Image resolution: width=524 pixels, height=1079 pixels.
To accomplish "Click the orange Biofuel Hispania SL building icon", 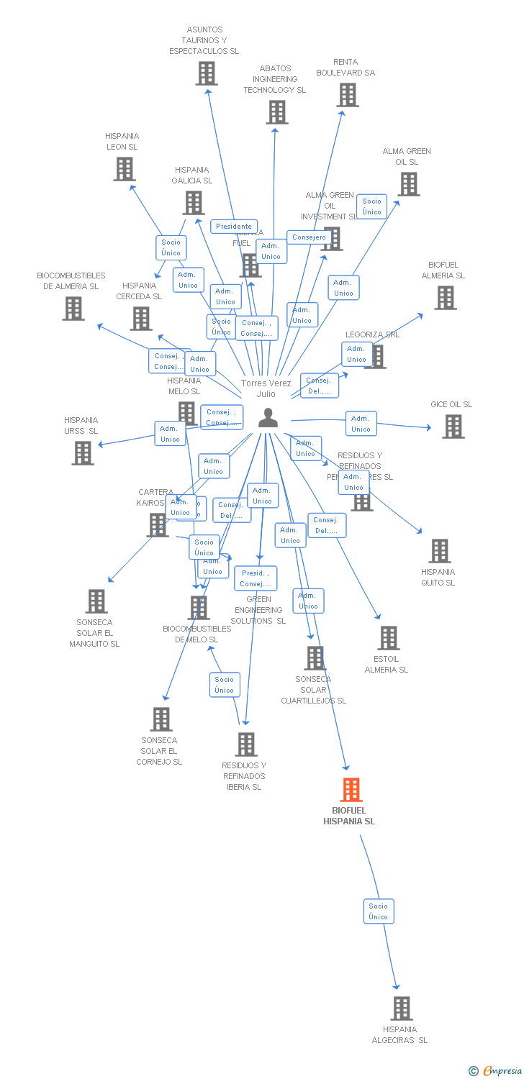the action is tap(351, 790).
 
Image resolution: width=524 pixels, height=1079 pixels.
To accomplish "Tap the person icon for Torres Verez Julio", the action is tap(268, 417).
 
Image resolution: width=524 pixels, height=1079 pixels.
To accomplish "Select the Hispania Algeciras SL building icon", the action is tap(402, 1009).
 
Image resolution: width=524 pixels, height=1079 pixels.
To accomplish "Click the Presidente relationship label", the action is tap(234, 227).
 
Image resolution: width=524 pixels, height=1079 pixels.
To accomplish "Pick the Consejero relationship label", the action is tap(310, 237).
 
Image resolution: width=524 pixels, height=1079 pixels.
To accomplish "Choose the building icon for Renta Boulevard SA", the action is tap(347, 95).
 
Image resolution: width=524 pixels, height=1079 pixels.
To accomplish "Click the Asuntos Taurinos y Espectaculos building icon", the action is tap(206, 73).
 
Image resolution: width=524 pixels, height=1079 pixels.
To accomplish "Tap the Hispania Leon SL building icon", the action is tap(124, 169).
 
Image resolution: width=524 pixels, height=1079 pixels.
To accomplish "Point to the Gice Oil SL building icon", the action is tap(453, 427).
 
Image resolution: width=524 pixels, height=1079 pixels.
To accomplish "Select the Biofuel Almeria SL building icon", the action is tap(445, 298).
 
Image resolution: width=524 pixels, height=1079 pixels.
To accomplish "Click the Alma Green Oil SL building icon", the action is tap(408, 184).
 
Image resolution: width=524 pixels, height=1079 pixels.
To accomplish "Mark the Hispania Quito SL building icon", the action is tap(439, 551).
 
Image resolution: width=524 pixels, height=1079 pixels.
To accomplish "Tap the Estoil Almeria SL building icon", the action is tap(388, 638).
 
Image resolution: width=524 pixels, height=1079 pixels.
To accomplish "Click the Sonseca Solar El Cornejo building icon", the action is tap(161, 719).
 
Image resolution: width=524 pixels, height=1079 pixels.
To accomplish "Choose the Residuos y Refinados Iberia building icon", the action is tap(245, 745).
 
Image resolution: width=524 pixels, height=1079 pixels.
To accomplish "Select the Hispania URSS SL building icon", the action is tap(83, 453).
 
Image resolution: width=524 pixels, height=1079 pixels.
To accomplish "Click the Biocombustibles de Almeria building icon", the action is tap(73, 309).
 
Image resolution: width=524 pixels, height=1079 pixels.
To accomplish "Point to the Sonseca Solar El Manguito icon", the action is tap(96, 601).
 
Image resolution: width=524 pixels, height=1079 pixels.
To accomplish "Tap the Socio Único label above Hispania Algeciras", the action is tap(379, 911).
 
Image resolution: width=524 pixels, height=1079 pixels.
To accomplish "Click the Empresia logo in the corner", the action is tap(496, 1071).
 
